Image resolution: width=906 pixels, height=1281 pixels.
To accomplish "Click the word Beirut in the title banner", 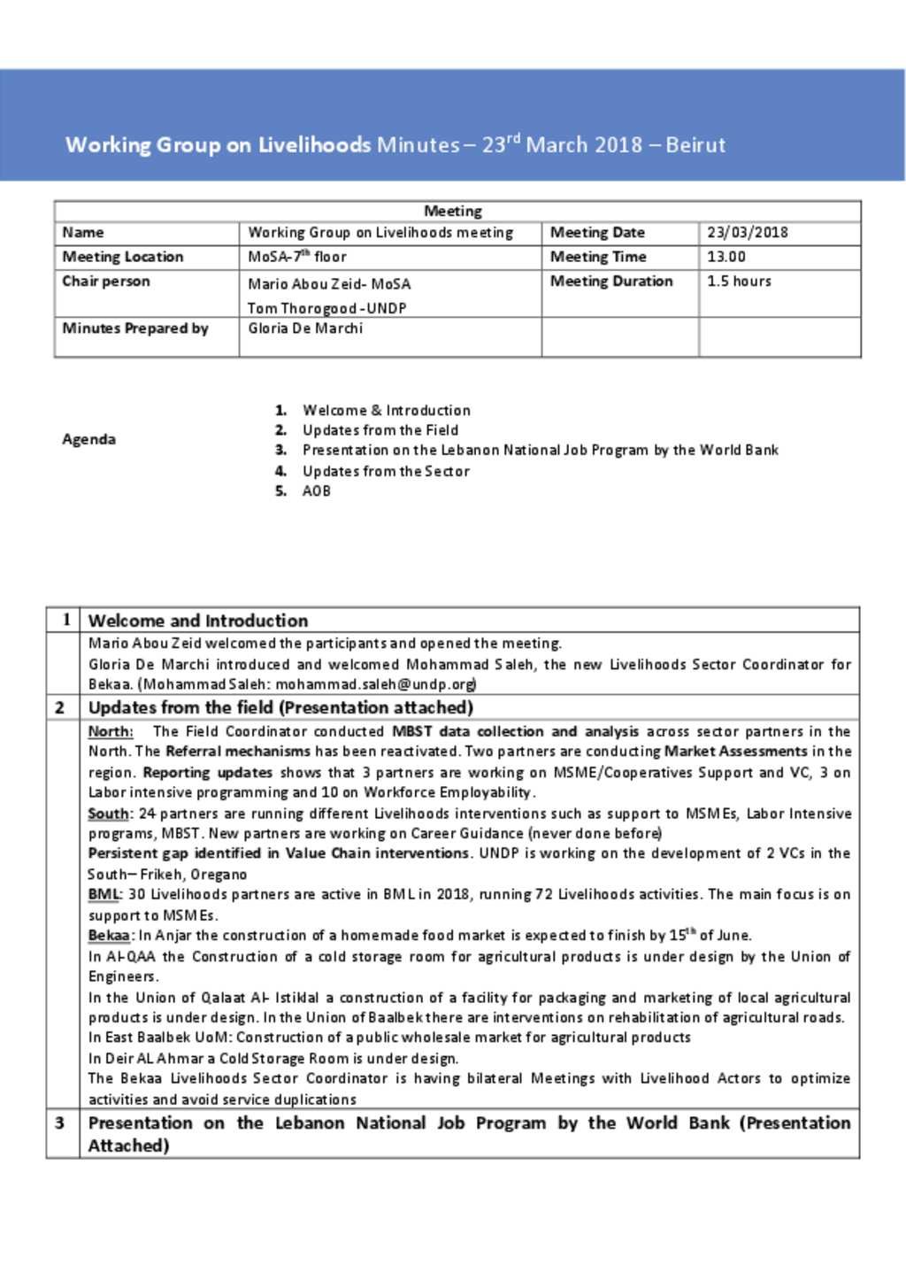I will click(x=695, y=145).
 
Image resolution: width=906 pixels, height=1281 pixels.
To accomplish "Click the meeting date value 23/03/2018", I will click(x=747, y=233).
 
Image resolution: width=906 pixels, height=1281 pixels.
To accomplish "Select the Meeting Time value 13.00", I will click(x=726, y=257).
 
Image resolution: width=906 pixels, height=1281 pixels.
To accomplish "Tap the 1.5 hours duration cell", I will click(x=739, y=282).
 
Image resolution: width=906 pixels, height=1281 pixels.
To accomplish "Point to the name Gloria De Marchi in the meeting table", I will click(x=305, y=328).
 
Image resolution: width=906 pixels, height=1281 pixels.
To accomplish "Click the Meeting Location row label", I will click(x=123, y=257).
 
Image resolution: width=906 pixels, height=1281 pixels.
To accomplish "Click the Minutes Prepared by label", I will click(x=135, y=328).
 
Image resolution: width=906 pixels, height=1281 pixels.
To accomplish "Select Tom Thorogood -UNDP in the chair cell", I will click(x=326, y=308).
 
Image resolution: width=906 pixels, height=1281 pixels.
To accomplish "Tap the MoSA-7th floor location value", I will click(x=297, y=257).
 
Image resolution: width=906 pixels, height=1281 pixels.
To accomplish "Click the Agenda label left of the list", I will click(x=88, y=439).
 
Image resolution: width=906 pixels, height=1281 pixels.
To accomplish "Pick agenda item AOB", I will click(x=317, y=491).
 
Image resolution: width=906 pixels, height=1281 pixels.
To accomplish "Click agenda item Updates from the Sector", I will click(x=386, y=471).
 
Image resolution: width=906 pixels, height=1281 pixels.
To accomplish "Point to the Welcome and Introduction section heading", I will click(x=198, y=621).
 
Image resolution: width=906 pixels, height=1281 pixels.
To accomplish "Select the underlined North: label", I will click(x=111, y=732).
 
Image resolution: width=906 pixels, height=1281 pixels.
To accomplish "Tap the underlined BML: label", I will click(x=104, y=894).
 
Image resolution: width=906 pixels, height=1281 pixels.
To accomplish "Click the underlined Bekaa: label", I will click(x=111, y=936).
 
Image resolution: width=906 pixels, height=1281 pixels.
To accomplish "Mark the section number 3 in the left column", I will click(x=60, y=1123).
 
